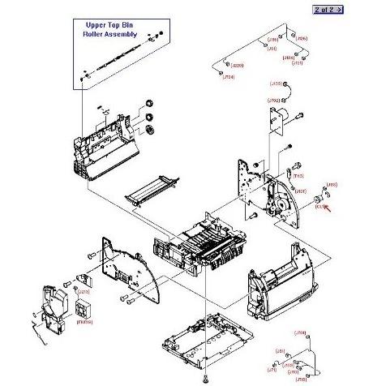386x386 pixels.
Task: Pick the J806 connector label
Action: tap(302, 39)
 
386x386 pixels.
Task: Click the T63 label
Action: tap(298, 176)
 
